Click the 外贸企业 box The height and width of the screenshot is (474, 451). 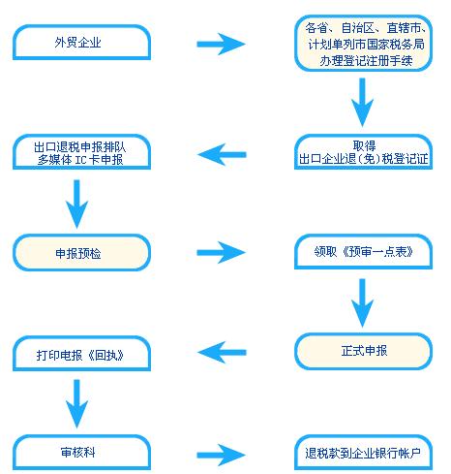coord(81,43)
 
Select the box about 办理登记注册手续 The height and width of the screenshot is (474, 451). coord(363,44)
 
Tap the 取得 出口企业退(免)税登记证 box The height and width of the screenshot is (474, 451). coord(363,152)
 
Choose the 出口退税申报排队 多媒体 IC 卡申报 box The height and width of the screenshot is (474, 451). coord(81,152)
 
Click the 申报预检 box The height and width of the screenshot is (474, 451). coord(81,253)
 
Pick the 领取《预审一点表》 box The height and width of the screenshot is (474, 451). coord(363,252)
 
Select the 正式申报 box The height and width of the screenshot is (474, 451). coord(363,351)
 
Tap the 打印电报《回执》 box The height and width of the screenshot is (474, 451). coord(81,354)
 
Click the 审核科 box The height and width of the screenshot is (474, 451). coord(81,453)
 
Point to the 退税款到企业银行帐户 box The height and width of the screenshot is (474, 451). coord(363,453)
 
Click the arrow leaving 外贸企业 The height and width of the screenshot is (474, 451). coord(222,44)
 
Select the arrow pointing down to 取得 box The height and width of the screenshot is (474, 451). coord(362,103)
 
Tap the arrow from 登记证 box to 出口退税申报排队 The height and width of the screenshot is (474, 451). coord(222,154)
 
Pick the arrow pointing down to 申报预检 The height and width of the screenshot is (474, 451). coord(76,205)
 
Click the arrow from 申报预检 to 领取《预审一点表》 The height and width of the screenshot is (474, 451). coord(222,252)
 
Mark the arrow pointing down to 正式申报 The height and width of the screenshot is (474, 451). coord(362,303)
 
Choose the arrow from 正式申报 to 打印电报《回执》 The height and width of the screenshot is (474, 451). coord(222,352)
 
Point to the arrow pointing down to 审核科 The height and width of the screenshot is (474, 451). coord(76,404)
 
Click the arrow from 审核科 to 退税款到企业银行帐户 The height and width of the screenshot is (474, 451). coord(222,455)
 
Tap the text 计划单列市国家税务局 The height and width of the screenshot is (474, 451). coord(366,45)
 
